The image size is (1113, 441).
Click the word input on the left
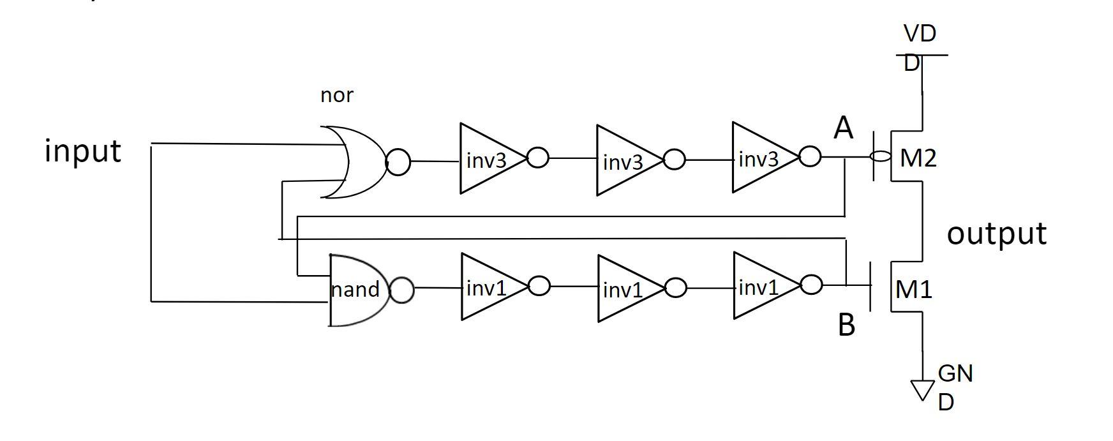click(82, 152)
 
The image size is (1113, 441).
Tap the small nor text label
click(336, 95)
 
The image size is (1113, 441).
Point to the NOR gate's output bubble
click(398, 161)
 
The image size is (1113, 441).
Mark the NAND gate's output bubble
click(401, 290)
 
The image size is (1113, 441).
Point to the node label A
click(843, 128)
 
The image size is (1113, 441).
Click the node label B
click(846, 325)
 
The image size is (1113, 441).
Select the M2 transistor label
click(918, 158)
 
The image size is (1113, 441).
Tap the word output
click(996, 234)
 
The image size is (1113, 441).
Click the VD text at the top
click(920, 33)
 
